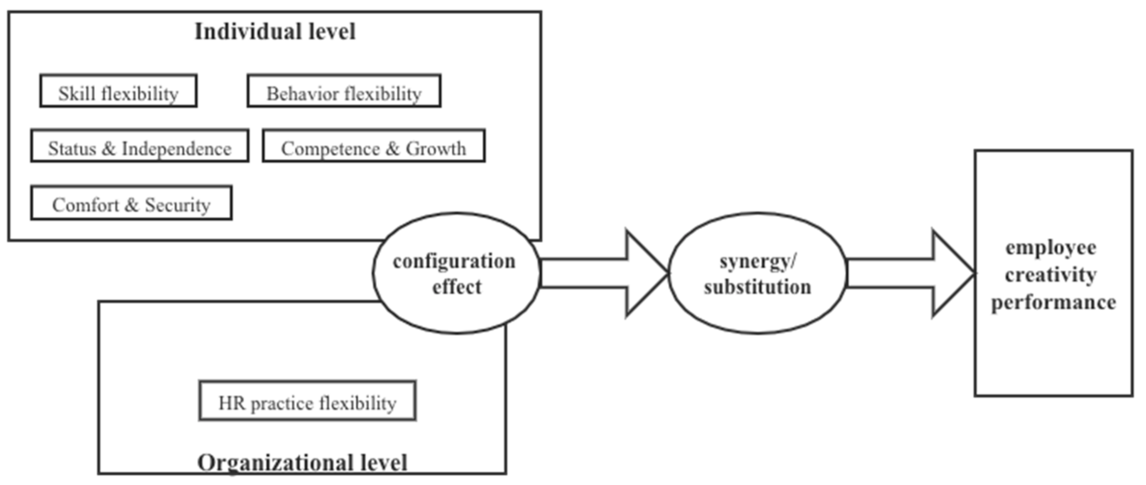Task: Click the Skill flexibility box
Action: pos(118,91)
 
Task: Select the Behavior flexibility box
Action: pos(344,91)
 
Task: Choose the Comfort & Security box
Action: pos(131,203)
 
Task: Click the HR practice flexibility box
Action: pos(307,401)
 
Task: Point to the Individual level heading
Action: pos(275,32)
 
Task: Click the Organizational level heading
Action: pos(302,463)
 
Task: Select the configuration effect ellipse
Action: pos(455,273)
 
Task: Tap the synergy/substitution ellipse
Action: pos(758,273)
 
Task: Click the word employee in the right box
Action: pos(1050,248)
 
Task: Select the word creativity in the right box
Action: pos(1050,275)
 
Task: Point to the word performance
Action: pos(1053,303)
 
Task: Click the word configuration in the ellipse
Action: pos(454,261)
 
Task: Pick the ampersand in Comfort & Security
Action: pos(132,205)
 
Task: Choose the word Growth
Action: pos(436,149)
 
